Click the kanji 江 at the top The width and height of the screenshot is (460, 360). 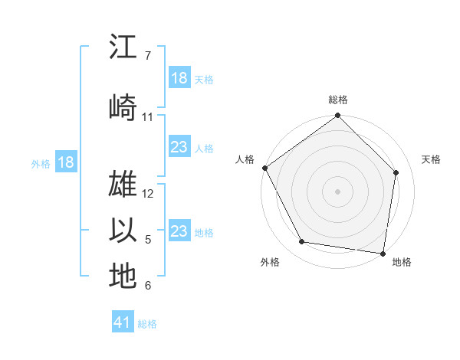click(x=123, y=47)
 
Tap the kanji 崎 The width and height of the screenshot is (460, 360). click(x=123, y=106)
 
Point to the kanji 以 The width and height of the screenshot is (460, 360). click(x=123, y=230)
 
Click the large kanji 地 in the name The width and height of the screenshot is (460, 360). click(x=123, y=276)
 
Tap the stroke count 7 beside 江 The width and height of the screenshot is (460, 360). click(x=147, y=56)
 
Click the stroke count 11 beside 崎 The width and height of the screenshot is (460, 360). click(x=148, y=117)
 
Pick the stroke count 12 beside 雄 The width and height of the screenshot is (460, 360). click(x=148, y=194)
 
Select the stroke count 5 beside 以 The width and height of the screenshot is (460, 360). click(x=148, y=240)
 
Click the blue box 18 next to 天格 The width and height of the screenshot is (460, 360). click(x=179, y=78)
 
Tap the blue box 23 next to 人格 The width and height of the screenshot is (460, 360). click(x=179, y=147)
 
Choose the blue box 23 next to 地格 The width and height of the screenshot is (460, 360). click(x=179, y=231)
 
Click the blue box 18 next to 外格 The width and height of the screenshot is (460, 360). click(x=65, y=162)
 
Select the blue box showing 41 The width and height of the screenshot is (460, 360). click(x=123, y=322)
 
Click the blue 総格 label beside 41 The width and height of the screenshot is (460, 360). click(x=147, y=324)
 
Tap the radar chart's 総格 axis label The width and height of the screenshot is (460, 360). click(x=338, y=100)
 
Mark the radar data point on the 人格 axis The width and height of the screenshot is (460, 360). click(x=264, y=168)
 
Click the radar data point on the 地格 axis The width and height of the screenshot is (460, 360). click(x=383, y=253)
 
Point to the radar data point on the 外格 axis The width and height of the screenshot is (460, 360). click(x=301, y=242)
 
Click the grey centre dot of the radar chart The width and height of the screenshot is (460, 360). click(x=338, y=191)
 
